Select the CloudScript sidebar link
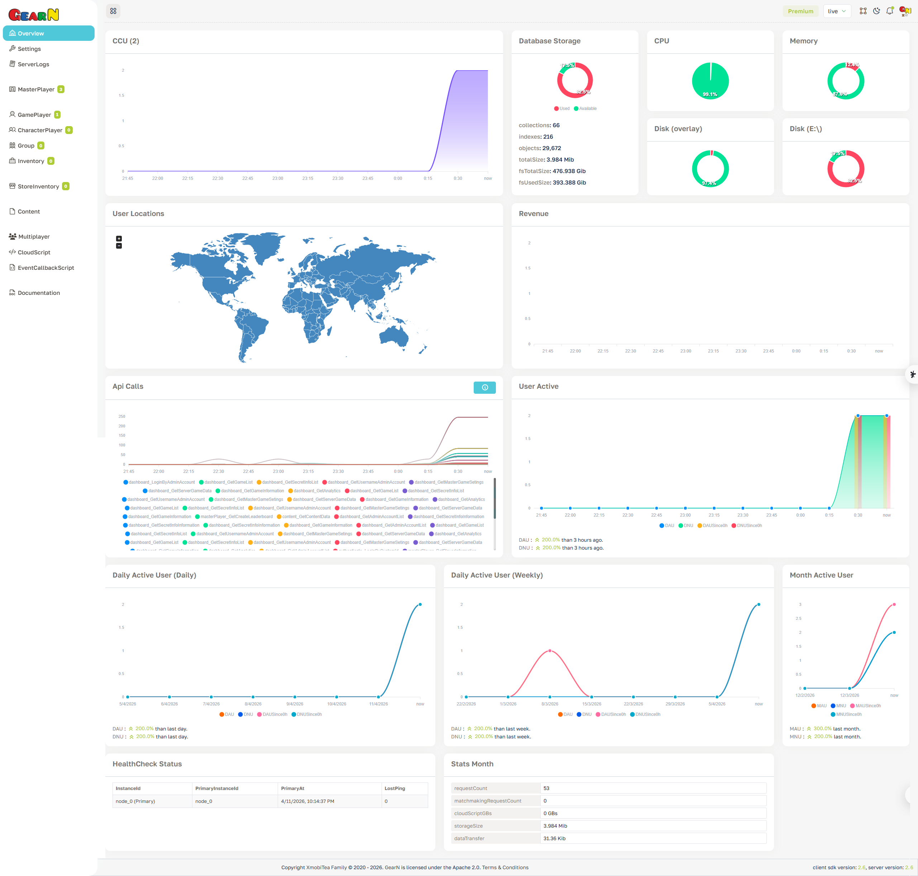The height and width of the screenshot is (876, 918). [x=34, y=253]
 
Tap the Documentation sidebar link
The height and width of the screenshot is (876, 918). [x=38, y=293]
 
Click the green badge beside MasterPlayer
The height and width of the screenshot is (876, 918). [x=61, y=90]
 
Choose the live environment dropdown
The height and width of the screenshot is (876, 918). [x=836, y=11]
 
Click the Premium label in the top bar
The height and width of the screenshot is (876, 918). [x=800, y=11]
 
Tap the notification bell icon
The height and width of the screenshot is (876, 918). [x=890, y=11]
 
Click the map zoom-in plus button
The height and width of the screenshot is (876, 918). [x=119, y=239]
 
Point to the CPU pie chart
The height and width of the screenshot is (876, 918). [x=710, y=81]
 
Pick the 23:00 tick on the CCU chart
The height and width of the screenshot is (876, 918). [x=277, y=178]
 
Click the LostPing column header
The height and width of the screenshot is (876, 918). [x=395, y=789]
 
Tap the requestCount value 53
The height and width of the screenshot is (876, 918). [x=546, y=788]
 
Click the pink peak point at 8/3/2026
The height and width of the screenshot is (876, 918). [x=550, y=651]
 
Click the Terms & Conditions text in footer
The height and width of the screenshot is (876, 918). [x=505, y=868]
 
